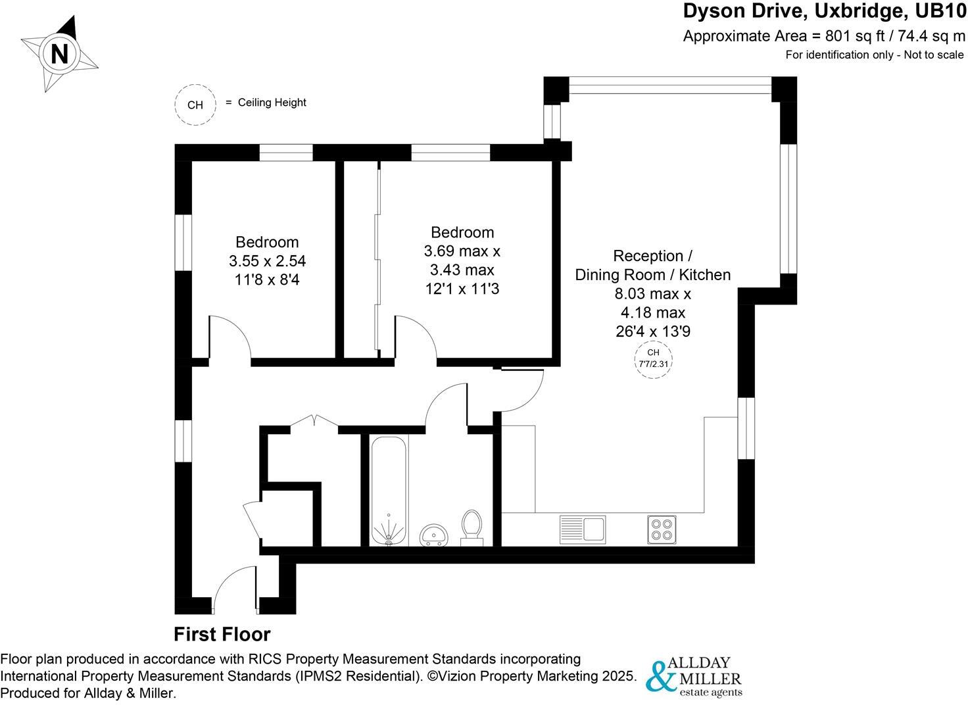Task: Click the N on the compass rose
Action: (60, 54)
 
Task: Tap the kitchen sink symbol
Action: (582, 528)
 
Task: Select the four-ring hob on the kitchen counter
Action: (662, 529)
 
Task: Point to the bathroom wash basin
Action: (433, 534)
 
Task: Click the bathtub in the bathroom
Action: (389, 491)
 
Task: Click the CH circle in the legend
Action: (195, 105)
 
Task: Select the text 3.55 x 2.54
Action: (267, 261)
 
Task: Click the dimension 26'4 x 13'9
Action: (652, 331)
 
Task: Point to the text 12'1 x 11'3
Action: (462, 288)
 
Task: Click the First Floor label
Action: (222, 634)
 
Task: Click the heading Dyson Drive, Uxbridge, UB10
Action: (824, 11)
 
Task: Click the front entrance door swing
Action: (233, 589)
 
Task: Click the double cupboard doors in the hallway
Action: (314, 422)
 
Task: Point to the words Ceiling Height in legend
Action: (272, 103)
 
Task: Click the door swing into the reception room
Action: (521, 391)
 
